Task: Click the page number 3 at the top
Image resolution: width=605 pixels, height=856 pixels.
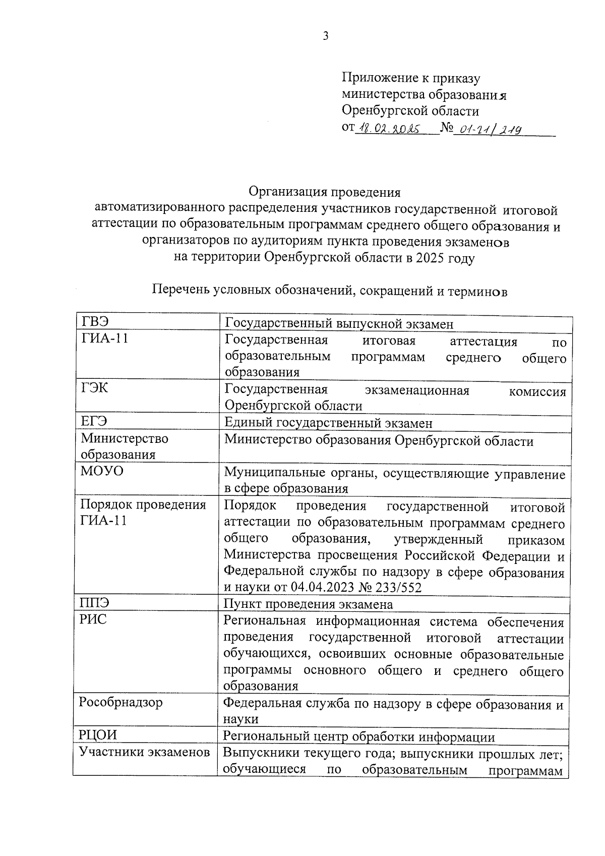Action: pos(326,36)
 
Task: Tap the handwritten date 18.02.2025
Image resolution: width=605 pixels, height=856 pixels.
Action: pos(389,129)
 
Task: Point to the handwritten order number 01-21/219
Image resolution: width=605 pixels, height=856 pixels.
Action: pos(487,130)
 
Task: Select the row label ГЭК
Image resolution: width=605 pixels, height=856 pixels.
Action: pos(95,388)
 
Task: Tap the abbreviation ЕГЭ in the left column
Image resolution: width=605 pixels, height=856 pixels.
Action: pos(94,421)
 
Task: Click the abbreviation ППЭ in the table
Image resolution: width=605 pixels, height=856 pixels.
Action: pos(95,602)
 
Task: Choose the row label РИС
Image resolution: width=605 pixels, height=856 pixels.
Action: pos(94,619)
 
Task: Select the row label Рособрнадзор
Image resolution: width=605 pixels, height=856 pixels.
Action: pos(121,702)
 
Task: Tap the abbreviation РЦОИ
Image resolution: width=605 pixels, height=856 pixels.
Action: pos(98,735)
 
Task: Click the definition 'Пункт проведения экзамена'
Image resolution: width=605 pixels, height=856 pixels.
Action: pos(308,604)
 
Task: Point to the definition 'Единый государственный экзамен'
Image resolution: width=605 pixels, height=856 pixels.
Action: pos(328,423)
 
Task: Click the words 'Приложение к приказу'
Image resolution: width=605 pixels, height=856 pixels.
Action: pos(411,78)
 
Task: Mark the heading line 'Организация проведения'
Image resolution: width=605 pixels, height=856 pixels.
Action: pos(325,192)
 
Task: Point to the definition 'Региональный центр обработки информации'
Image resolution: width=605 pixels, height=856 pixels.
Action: pos(358,737)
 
